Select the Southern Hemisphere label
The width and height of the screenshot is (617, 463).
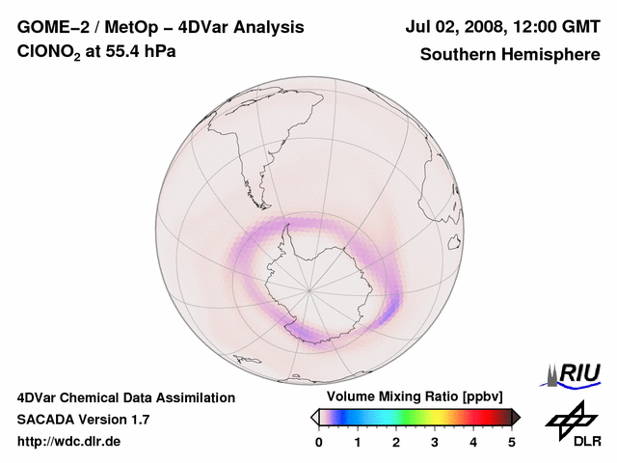510,54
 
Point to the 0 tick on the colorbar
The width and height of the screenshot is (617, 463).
319,442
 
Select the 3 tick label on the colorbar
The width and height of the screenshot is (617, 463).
435,442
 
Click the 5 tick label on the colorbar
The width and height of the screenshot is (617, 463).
512,442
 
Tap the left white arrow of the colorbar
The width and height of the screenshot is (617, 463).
314,417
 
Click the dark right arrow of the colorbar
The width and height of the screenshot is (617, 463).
517,417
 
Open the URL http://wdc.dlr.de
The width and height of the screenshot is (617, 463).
69,442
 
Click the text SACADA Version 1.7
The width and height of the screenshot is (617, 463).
83,420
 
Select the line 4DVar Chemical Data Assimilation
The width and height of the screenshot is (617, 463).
126,397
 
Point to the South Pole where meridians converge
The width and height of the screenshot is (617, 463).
309,288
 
